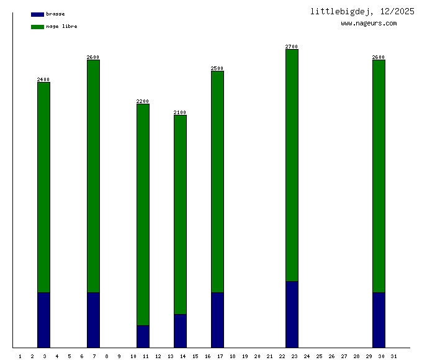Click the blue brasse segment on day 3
pyautogui.click(x=43, y=320)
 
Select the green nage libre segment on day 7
pyautogui.click(x=93, y=176)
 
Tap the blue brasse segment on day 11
pyautogui.click(x=143, y=336)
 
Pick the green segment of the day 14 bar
pyautogui.click(x=180, y=214)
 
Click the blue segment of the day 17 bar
pyautogui.click(x=217, y=320)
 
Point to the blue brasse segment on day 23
pyautogui.click(x=292, y=314)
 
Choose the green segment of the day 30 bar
pyautogui.click(x=379, y=176)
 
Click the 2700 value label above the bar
pyautogui.click(x=292, y=47)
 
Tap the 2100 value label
pyautogui.click(x=180, y=112)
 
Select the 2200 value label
pyautogui.click(x=143, y=101)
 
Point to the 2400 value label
pyautogui.click(x=43, y=79)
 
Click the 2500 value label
pyautogui.click(x=217, y=68)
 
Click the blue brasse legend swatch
pyautogui.click(x=37, y=14)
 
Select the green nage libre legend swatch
pyautogui.click(x=37, y=27)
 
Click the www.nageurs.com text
pyautogui.click(x=369, y=24)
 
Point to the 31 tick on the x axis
pyautogui.click(x=393, y=356)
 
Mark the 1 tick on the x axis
pyautogui.click(x=20, y=356)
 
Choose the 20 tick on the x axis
pyautogui.click(x=257, y=356)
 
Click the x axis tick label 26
pyautogui.click(x=331, y=356)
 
